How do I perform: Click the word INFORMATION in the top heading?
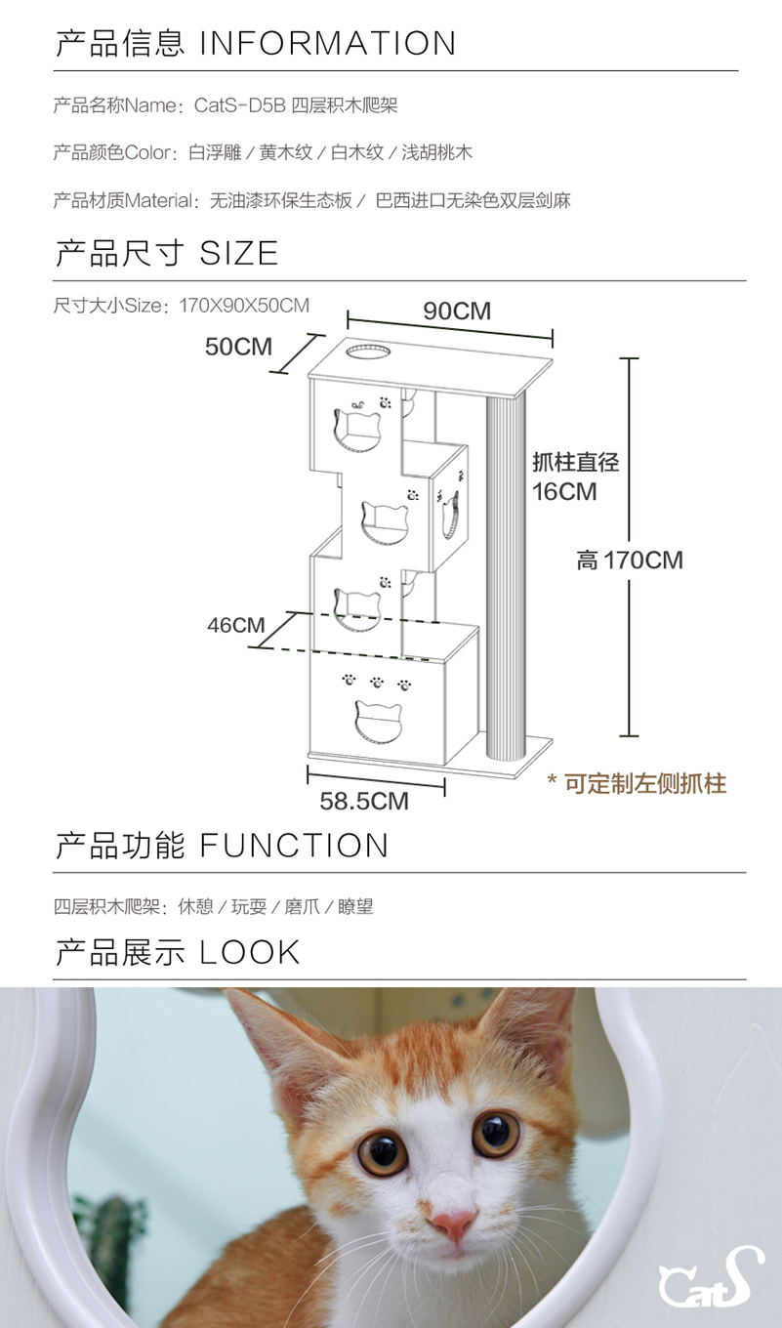click(328, 43)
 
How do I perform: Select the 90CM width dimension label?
click(457, 311)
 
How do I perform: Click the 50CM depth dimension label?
click(238, 347)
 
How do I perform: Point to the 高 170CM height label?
click(629, 560)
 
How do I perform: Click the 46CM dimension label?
click(235, 625)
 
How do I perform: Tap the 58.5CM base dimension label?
click(364, 802)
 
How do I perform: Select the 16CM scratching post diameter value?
click(564, 491)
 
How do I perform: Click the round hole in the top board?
click(365, 352)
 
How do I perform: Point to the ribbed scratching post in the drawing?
click(507, 576)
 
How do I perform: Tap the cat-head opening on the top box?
click(356, 427)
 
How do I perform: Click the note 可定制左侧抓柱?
click(644, 783)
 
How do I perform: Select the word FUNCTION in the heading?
click(294, 846)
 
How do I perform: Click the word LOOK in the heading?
click(250, 952)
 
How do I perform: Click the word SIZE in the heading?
click(239, 254)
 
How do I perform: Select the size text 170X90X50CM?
click(244, 306)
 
